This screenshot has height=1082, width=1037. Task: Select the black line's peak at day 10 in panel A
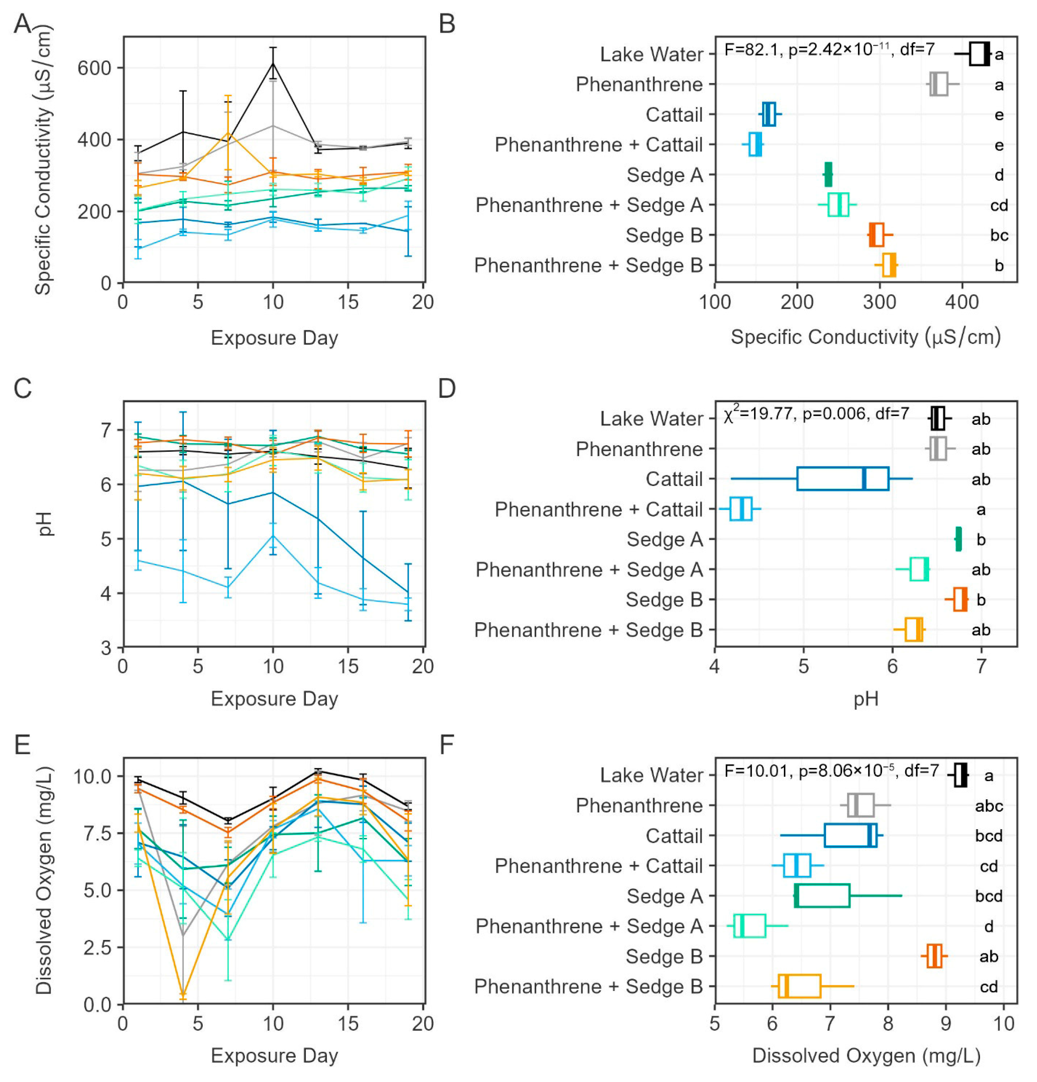(273, 63)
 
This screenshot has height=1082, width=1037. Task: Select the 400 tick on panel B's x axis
(962, 302)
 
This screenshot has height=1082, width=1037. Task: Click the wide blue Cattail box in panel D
(842, 479)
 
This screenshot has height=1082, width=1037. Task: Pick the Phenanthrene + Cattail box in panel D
(740, 509)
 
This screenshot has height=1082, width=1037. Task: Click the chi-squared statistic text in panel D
(816, 414)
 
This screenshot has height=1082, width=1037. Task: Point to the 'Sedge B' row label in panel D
(664, 600)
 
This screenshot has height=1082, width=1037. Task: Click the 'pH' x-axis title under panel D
(865, 699)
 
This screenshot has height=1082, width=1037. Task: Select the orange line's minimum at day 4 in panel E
(183, 994)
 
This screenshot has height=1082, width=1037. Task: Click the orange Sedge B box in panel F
(934, 956)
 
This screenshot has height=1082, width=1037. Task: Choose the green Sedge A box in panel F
(822, 895)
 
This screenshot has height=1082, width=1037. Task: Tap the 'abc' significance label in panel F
(988, 806)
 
